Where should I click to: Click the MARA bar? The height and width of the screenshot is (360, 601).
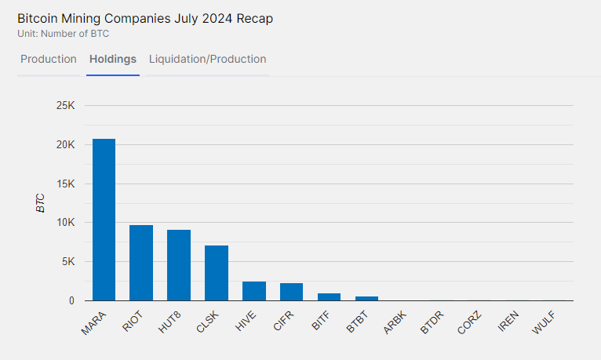pos(104,220)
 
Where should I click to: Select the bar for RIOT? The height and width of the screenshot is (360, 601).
pos(141,263)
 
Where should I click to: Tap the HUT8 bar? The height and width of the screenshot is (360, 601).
pos(179,265)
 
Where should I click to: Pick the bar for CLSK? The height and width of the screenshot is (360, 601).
pos(217,273)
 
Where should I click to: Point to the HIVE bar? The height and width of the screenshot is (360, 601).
pos(254,291)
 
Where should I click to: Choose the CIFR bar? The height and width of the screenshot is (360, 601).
pos(291,292)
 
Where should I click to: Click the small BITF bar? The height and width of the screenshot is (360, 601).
pos(329,297)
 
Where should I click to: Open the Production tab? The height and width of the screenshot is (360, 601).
pos(49,60)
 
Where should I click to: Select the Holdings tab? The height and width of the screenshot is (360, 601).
pos(113,60)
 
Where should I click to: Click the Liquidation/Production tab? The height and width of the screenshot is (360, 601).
pos(207,60)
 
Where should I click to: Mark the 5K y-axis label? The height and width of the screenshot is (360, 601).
pos(67,262)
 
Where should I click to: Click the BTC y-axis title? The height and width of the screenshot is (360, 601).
pos(40,203)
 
